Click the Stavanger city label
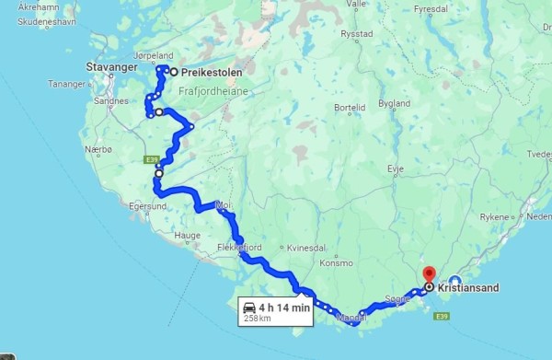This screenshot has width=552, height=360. (111, 67)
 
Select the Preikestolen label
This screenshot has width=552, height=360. (205, 73)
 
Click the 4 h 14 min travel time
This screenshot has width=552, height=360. (282, 308)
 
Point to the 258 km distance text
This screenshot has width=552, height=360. (257, 319)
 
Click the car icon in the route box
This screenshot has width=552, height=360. (248, 308)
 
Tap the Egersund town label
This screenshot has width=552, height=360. (135, 206)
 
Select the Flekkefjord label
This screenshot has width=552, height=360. (240, 248)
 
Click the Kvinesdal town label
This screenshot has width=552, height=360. (306, 249)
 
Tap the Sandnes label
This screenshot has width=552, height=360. (110, 101)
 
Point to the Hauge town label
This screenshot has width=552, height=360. (186, 236)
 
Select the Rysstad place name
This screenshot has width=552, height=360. (356, 34)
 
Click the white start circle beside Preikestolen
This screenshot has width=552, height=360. (172, 72)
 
